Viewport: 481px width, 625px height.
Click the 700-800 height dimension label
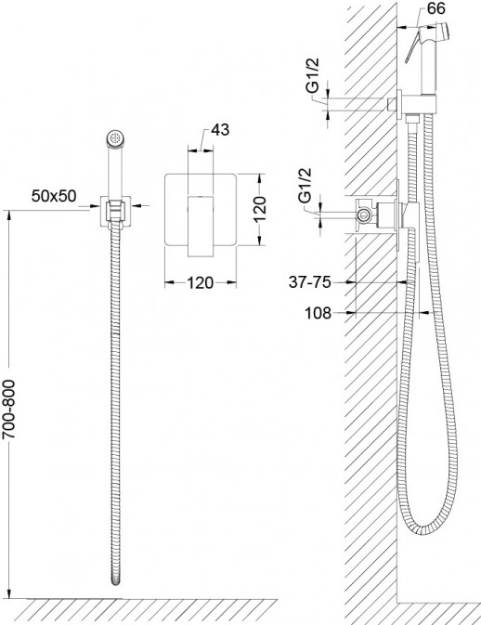(x=8, y=410)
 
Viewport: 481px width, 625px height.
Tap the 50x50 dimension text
(x=54, y=196)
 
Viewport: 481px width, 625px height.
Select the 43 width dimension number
(x=220, y=129)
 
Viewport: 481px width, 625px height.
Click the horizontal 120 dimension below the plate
(x=201, y=282)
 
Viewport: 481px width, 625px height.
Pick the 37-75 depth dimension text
(x=310, y=282)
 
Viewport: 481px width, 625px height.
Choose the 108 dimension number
(x=318, y=313)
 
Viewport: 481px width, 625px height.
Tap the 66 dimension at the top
(x=435, y=8)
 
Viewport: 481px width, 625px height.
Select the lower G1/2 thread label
(x=305, y=186)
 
